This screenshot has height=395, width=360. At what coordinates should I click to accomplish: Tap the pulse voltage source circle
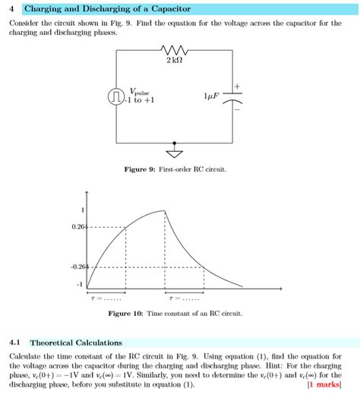tap(116, 96)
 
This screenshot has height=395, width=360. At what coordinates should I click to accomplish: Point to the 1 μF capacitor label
tap(212, 96)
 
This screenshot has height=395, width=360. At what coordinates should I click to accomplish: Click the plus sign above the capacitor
tap(236, 84)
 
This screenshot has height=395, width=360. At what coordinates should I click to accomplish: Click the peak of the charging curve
tap(164, 210)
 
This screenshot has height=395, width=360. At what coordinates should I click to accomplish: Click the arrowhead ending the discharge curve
tap(242, 286)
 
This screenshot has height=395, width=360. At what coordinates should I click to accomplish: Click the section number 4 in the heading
tap(11, 9)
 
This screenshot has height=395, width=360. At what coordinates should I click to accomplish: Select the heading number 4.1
tap(15, 343)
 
